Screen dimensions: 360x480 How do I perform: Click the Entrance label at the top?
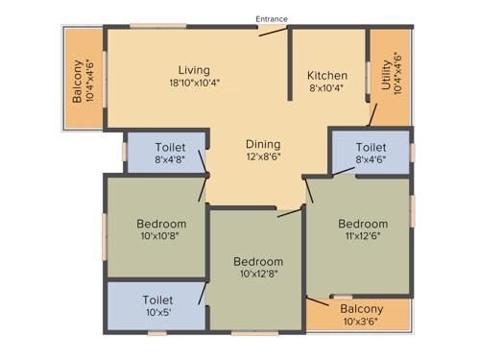[272, 18]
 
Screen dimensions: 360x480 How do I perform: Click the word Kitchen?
[327, 75]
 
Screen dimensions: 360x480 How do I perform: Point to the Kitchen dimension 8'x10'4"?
[327, 88]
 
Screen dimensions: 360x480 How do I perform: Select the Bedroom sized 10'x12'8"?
[258, 261]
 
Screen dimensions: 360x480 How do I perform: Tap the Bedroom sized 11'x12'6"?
[363, 224]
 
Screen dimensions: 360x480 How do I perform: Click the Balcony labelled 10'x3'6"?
[361, 309]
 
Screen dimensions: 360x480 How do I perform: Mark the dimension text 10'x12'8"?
[258, 275]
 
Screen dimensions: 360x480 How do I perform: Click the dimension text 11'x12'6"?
[363, 237]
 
